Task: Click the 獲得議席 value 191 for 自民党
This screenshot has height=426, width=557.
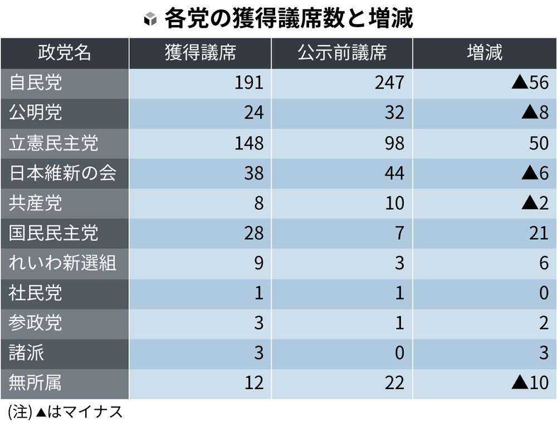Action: pyautogui.click(x=248, y=83)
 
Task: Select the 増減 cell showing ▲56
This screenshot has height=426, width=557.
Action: pyautogui.click(x=530, y=83)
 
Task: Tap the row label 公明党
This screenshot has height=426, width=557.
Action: pyautogui.click(x=36, y=113)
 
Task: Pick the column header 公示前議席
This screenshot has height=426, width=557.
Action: pyautogui.click(x=341, y=53)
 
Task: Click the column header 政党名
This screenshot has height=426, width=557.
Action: pyautogui.click(x=64, y=53)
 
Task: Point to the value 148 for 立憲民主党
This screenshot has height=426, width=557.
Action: pyautogui.click(x=248, y=143)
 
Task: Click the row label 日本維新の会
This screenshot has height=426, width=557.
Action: pyautogui.click(x=62, y=173)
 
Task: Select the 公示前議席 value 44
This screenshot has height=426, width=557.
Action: pyautogui.click(x=394, y=173)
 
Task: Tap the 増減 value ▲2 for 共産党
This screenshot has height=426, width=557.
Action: pyautogui.click(x=535, y=204)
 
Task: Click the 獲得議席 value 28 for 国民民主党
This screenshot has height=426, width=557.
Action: pyautogui.click(x=253, y=233)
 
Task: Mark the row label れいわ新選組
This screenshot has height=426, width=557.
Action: pyautogui.click(x=62, y=263)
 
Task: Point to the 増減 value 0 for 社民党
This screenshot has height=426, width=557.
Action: pyautogui.click(x=544, y=293)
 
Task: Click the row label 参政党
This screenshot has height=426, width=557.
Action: pyautogui.click(x=36, y=323)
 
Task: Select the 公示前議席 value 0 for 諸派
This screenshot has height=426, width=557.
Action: pyautogui.click(x=399, y=354)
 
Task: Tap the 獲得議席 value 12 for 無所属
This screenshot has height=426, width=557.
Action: pyautogui.click(x=253, y=383)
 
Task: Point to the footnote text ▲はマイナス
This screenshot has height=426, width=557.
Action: pyautogui.click(x=79, y=413)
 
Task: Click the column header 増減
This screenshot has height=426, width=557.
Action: pyautogui.click(x=484, y=53)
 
